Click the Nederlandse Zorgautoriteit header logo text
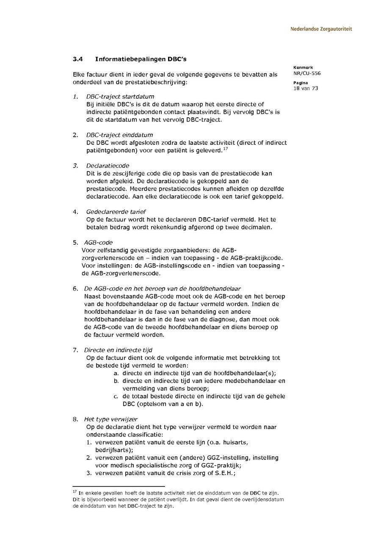[321, 29]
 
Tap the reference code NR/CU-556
[306, 73]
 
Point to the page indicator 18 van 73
[305, 88]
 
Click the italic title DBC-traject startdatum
[120, 97]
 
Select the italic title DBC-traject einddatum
[119, 135]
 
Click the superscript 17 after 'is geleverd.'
[226, 148]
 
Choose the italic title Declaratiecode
[108, 166]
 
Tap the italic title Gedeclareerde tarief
[116, 212]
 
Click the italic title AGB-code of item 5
[98, 243]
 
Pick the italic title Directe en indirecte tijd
[118, 350]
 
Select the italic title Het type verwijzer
[110, 419]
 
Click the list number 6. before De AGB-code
[75, 289]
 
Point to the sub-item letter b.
[116, 381]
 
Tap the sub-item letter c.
[116, 396]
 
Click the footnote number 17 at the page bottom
[75, 492]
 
